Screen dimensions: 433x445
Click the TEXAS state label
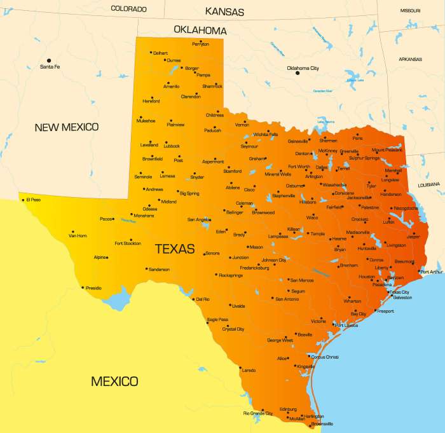coord(175,249)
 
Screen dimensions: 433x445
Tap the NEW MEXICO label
coord(67,127)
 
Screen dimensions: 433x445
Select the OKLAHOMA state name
coord(200,31)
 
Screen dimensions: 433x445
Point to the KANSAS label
coord(224,11)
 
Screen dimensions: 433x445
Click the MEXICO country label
coord(114,381)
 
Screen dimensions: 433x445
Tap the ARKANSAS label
coord(410,59)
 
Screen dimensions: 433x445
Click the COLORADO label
coord(128,9)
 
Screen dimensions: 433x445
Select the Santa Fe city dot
coord(49,60)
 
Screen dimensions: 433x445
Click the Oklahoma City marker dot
coord(297,73)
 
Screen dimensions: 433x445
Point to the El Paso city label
coord(34,200)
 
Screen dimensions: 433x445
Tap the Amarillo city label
coord(172,86)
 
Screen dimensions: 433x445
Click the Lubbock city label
coord(172,146)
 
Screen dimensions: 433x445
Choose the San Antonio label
coord(287,299)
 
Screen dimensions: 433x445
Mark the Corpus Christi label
coord(325,357)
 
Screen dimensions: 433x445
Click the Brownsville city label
coord(322,423)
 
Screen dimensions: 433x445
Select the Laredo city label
coord(249,370)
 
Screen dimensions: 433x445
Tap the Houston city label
coord(367,277)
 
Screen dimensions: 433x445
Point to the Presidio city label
coord(93,288)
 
